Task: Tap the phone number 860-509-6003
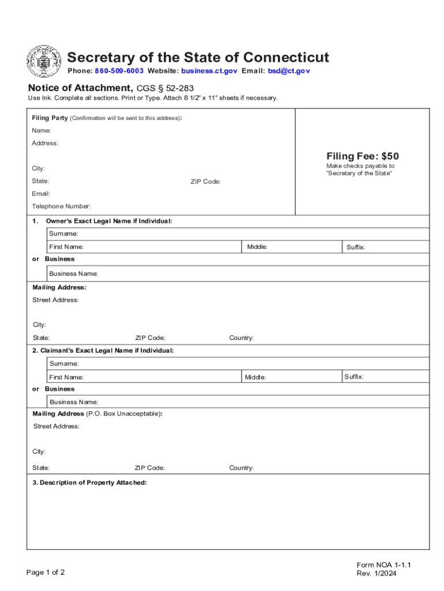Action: point(119,71)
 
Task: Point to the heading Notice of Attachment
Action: point(80,88)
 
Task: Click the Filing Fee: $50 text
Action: point(362,156)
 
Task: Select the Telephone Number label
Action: point(61,206)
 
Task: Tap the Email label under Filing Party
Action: point(41,193)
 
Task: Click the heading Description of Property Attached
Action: point(89,482)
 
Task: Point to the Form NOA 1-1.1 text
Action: point(383,565)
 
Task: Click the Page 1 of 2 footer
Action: point(46,573)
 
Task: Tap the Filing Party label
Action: point(50,118)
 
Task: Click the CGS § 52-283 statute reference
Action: point(165,88)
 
